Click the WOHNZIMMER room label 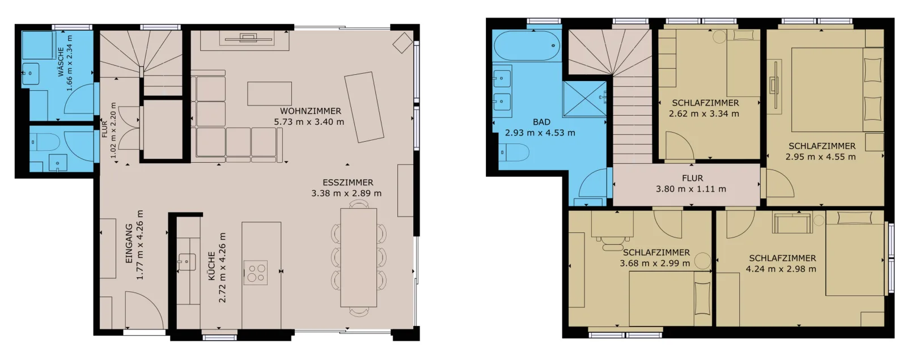click(x=311, y=111)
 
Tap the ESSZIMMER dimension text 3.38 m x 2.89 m click(x=346, y=193)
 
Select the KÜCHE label click(x=211, y=266)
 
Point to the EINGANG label click(x=129, y=244)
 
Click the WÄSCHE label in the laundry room click(x=61, y=62)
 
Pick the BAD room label click(x=541, y=122)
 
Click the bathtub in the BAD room click(x=527, y=46)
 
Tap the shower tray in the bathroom click(x=584, y=99)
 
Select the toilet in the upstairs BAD click(x=514, y=153)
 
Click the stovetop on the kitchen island click(x=256, y=273)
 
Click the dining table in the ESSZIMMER click(x=359, y=257)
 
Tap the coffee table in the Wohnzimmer click(x=270, y=94)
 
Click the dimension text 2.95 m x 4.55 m click(x=821, y=156)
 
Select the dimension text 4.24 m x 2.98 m click(x=781, y=269)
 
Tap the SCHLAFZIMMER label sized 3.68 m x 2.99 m click(x=656, y=253)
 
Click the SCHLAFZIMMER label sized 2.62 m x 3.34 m click(x=705, y=103)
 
